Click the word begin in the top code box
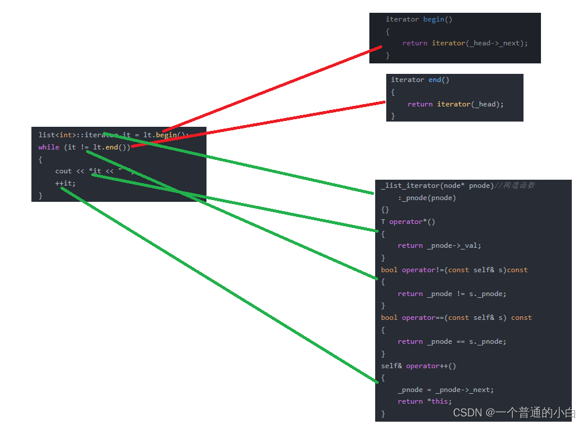point(433,19)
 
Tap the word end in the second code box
point(435,80)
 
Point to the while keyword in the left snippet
point(49,147)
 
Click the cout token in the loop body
point(63,171)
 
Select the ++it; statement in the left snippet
point(65,183)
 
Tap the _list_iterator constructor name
point(410,186)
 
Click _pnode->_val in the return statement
point(454,245)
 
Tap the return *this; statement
point(425,401)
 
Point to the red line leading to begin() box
point(273,88)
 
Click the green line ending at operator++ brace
point(221,285)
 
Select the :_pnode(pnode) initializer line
point(427,198)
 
